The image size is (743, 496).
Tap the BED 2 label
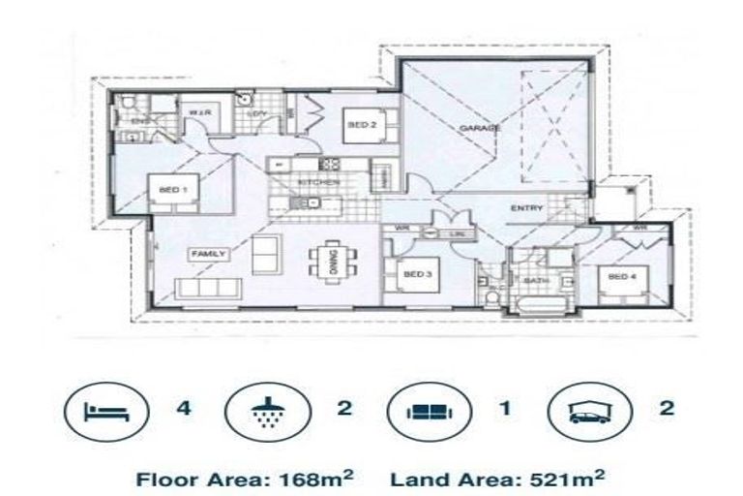pyautogui.click(x=361, y=126)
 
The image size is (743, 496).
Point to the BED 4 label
pyautogui.click(x=621, y=277)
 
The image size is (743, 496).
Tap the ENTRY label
pyautogui.click(x=527, y=208)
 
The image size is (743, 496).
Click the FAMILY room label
pyautogui.click(x=209, y=254)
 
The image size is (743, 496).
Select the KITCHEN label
pyautogui.click(x=318, y=182)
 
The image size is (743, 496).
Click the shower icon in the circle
pyautogui.click(x=261, y=410)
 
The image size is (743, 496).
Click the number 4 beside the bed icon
pyautogui.click(x=184, y=408)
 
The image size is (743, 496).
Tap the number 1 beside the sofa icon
pyautogui.click(x=505, y=408)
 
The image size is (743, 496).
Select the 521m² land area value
pyautogui.click(x=572, y=478)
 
